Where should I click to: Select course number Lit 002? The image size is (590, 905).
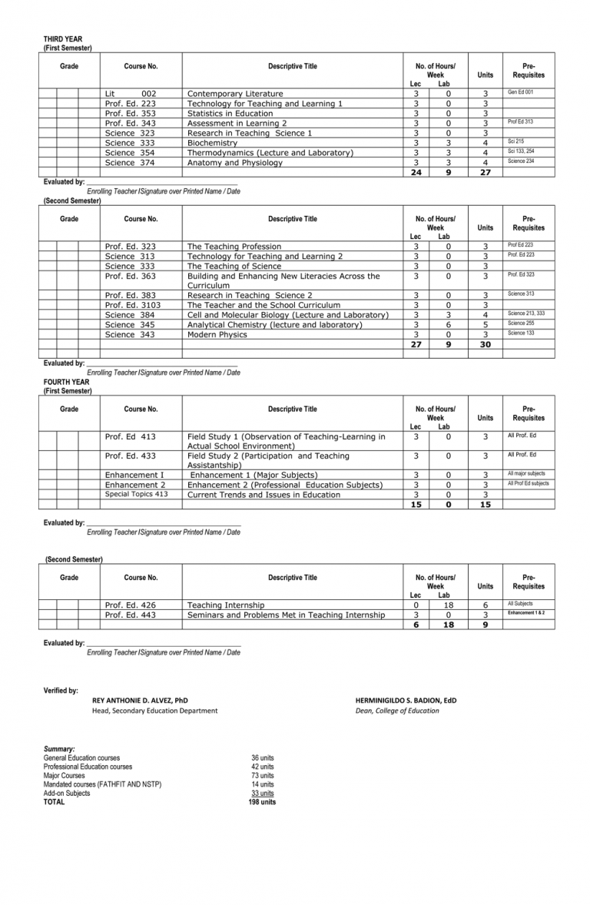pos(130,94)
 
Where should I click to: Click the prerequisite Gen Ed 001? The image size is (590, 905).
pos(520,92)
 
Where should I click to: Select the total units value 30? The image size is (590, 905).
pos(485,345)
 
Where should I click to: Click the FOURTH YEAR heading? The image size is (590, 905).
pos(66,382)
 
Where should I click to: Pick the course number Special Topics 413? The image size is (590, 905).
pos(136,495)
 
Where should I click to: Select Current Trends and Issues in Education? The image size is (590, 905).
pos(264,495)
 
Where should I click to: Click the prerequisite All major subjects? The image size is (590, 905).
pos(526,474)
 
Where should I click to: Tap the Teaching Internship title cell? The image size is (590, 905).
pos(226,605)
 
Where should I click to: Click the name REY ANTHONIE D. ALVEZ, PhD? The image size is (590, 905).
pos(140,701)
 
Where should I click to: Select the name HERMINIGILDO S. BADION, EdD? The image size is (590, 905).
pos(406,701)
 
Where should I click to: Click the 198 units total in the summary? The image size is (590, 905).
pos(262,802)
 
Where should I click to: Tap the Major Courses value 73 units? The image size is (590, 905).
pos(262,776)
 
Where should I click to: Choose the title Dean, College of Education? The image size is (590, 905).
pos(397,711)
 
